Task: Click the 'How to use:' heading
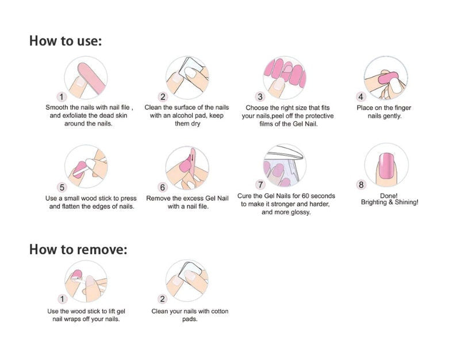66,41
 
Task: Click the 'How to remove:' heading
78,250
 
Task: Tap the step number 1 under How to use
62,97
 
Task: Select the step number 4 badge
360,97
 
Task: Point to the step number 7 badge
260,185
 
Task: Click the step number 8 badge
361,185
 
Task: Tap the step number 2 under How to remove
163,299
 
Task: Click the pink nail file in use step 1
91,77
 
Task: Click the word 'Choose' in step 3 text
256,108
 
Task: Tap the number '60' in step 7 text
305,196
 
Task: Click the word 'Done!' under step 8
389,196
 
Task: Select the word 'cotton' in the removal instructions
220,311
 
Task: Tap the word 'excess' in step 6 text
193,198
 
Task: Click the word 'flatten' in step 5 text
72,206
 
